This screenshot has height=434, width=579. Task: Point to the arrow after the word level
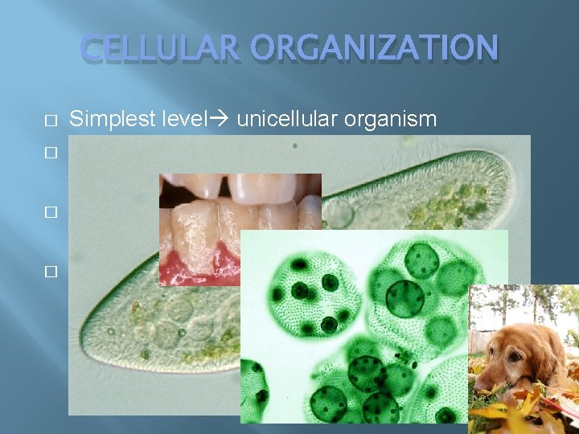click(x=221, y=120)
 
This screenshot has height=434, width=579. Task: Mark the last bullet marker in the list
click(x=51, y=272)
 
